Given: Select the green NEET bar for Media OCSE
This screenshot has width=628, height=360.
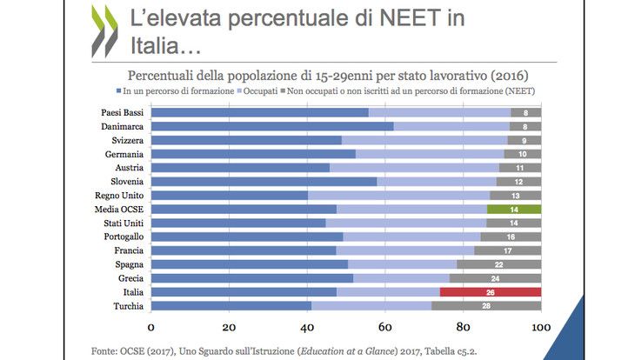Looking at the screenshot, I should coord(514,209).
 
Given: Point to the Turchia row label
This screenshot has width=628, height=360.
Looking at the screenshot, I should coord(128,305).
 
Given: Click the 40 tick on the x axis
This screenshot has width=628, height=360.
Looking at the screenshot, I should coord(306,327).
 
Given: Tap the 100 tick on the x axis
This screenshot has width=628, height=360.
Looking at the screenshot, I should coord(540,327).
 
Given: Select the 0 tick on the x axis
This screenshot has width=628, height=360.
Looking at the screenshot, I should coord(150,327).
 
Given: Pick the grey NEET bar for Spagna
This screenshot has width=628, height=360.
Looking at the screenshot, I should coord(498,264).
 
